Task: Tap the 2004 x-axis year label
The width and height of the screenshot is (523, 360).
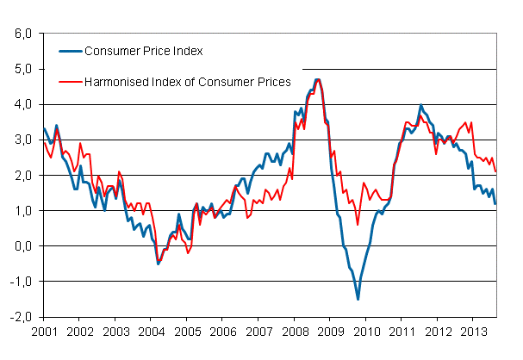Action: (151, 331)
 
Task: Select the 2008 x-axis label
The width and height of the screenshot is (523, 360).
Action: (295, 331)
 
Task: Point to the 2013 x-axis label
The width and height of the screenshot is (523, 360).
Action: (475, 331)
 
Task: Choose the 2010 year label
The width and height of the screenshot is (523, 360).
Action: (367, 331)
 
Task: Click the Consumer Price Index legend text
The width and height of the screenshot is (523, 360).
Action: (144, 51)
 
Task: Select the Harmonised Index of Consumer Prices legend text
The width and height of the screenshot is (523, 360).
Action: (188, 82)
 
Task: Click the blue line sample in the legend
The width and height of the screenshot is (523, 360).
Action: (69, 51)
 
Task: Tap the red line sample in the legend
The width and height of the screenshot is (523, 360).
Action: (69, 82)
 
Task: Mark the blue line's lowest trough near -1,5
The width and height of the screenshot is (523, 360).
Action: (358, 299)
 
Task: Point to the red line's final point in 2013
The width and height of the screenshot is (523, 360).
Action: (496, 171)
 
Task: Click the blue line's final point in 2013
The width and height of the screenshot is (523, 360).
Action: (496, 203)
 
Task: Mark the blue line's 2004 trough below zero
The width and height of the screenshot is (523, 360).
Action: (158, 264)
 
